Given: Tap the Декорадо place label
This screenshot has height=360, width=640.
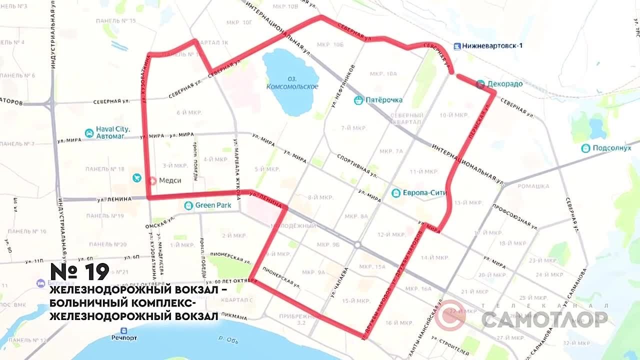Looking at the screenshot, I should pos(504,84).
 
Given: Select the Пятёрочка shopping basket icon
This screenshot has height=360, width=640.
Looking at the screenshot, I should pos(358,100).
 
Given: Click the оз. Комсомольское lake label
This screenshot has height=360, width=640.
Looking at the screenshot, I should pos(292,83).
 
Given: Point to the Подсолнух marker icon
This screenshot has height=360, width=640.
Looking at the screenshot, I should pos(585,148).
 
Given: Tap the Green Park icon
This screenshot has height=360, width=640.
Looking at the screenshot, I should pos(188,205).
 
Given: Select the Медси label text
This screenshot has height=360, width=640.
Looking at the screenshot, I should pos(170,180).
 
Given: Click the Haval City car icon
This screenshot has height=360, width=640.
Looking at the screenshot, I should pos(89,132).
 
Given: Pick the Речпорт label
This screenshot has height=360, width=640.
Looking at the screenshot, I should pos(124,337).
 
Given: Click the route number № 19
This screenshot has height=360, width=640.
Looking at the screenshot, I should pos(80,272).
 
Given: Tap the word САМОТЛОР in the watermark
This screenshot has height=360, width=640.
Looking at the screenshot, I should pos(544,319).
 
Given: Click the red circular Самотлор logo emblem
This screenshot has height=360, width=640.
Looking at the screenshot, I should pos(450,315).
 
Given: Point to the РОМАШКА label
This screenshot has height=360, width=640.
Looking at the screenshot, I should pos(533,186).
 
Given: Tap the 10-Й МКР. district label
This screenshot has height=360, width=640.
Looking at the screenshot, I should pos(454,115).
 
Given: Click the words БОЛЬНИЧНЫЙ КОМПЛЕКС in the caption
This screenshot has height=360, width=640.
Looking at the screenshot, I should pos(119,303).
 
